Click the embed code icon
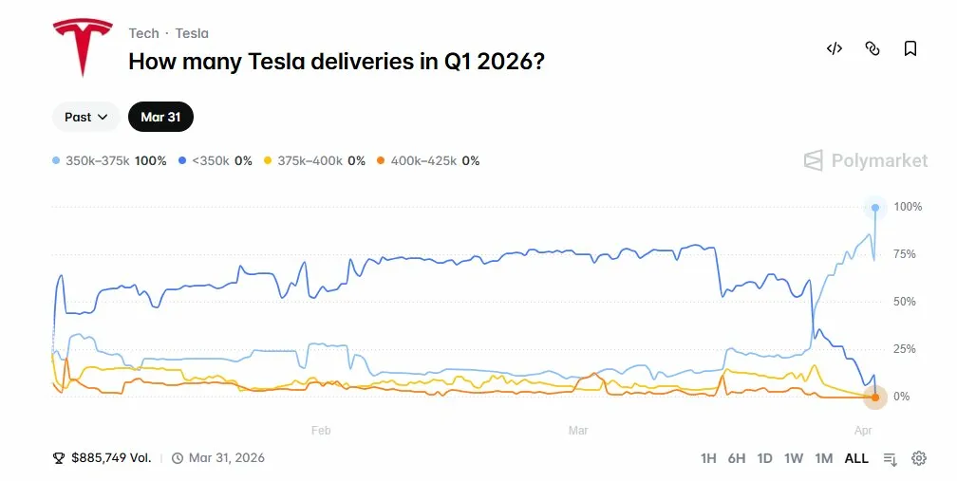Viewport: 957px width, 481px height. tap(835, 48)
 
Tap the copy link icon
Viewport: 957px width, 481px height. tap(873, 48)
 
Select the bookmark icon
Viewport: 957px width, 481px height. tap(910, 48)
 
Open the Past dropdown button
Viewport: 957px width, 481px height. tap(86, 117)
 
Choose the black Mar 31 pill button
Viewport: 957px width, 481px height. tap(160, 117)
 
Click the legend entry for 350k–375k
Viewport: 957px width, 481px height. tap(109, 161)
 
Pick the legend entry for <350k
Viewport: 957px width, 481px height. tap(216, 161)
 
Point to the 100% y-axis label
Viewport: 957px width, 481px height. tap(908, 207)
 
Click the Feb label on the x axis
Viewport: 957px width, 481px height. tap(321, 430)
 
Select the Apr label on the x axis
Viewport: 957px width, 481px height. tap(862, 430)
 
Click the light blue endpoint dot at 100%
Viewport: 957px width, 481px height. tap(874, 207)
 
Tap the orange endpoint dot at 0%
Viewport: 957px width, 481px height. tap(874, 397)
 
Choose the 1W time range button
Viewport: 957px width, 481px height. tap(794, 458)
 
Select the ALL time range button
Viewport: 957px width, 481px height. tap(856, 458)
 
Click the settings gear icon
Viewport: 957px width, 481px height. tap(919, 458)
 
